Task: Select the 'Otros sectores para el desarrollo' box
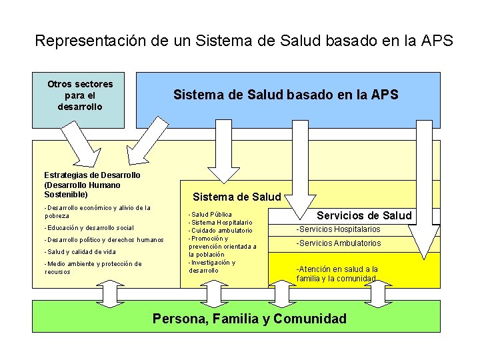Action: coord(80,95)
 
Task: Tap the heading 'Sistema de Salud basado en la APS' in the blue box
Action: coord(285,95)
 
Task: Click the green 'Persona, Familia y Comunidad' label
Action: coord(249,319)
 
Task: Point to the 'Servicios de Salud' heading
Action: coord(364,215)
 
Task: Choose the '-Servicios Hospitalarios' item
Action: coord(338,229)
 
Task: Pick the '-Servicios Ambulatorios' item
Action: coord(339,243)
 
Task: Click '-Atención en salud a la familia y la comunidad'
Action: coord(337,273)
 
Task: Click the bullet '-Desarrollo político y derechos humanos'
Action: coord(103,240)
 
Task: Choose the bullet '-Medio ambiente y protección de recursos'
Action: coord(93,267)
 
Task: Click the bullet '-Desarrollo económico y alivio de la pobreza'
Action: coord(97,211)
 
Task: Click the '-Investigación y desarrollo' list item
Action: coord(212,266)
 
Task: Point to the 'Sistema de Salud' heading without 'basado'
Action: coord(237,197)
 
